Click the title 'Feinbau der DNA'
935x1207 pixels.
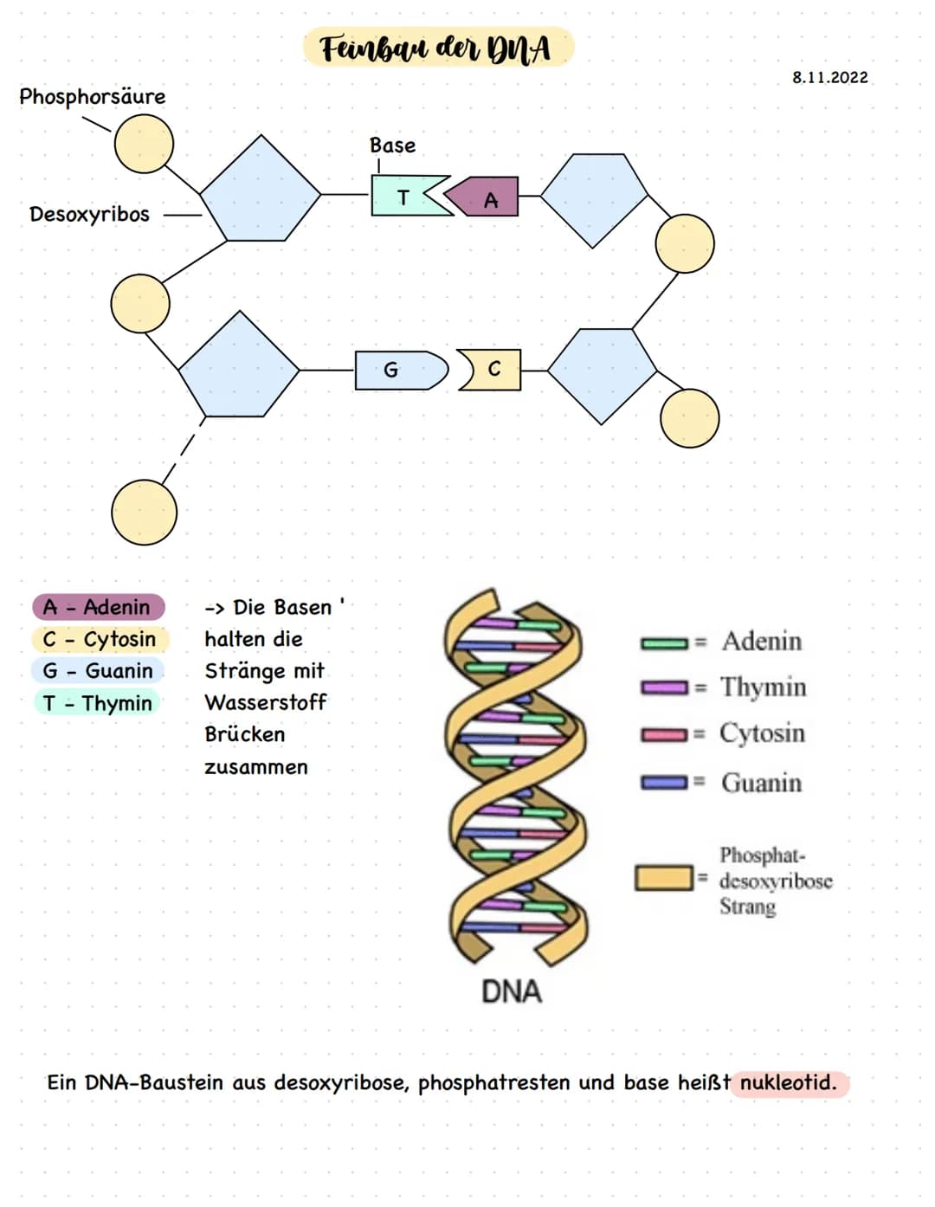click(x=437, y=48)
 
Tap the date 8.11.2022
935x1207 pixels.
click(x=829, y=77)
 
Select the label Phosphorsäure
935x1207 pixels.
click(x=92, y=96)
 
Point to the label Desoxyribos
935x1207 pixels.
click(x=89, y=214)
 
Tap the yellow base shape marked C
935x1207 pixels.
click(x=492, y=370)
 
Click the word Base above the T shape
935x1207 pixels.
click(x=392, y=145)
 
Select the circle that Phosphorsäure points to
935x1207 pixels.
click(x=144, y=143)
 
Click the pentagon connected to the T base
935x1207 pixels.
click(x=261, y=190)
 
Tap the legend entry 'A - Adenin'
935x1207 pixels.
click(x=98, y=607)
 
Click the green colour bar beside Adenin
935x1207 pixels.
click(x=664, y=642)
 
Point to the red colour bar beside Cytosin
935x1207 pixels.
click(x=664, y=735)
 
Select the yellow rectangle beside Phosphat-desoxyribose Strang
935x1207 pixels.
click(x=663, y=878)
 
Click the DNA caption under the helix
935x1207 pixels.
click(x=511, y=991)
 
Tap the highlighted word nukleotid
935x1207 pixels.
click(x=788, y=1082)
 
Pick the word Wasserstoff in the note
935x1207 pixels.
click(x=265, y=702)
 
